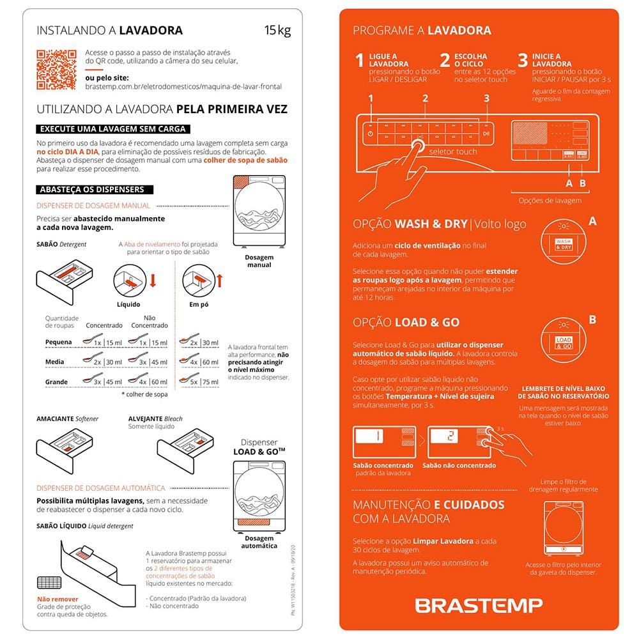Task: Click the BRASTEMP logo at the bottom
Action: click(x=479, y=604)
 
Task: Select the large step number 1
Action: click(x=360, y=61)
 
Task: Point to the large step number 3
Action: click(x=523, y=61)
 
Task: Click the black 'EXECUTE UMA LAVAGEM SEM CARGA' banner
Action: click(x=113, y=128)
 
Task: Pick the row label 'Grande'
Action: click(x=57, y=381)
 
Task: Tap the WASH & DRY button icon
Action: click(x=563, y=243)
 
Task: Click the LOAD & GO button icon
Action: click(x=563, y=343)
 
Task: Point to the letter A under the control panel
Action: click(x=568, y=183)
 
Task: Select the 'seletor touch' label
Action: click(x=452, y=151)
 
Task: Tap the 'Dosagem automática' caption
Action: click(x=259, y=542)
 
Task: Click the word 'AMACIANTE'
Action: click(x=56, y=419)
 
